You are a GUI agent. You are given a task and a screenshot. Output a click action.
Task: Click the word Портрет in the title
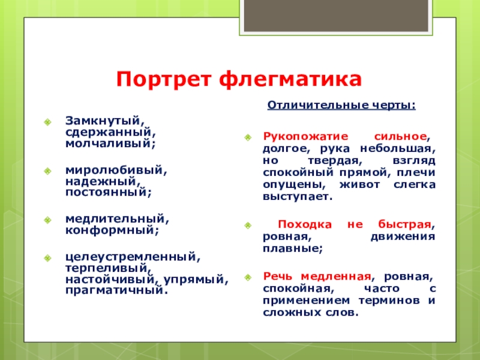[x=164, y=79]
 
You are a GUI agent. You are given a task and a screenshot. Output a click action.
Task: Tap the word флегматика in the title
[x=290, y=80]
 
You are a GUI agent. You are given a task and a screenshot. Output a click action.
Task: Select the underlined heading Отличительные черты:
[x=341, y=106]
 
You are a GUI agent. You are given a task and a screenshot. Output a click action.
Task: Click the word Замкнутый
[x=103, y=121]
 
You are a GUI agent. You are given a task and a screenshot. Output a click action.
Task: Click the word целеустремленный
[x=130, y=257]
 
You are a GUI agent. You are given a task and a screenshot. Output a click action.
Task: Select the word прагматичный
[x=114, y=290]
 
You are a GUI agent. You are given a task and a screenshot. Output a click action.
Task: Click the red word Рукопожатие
[x=305, y=137]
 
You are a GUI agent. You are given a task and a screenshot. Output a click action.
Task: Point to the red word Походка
[x=305, y=224]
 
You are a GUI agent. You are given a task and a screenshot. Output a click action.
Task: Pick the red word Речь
[x=278, y=277]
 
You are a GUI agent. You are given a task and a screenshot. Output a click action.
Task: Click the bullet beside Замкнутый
[x=47, y=122]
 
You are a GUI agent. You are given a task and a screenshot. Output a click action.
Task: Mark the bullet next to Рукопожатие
[x=248, y=137]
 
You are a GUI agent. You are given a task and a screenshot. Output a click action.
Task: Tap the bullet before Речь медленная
[x=248, y=277]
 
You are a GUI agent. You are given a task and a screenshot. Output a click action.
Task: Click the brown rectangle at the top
[x=336, y=16]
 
